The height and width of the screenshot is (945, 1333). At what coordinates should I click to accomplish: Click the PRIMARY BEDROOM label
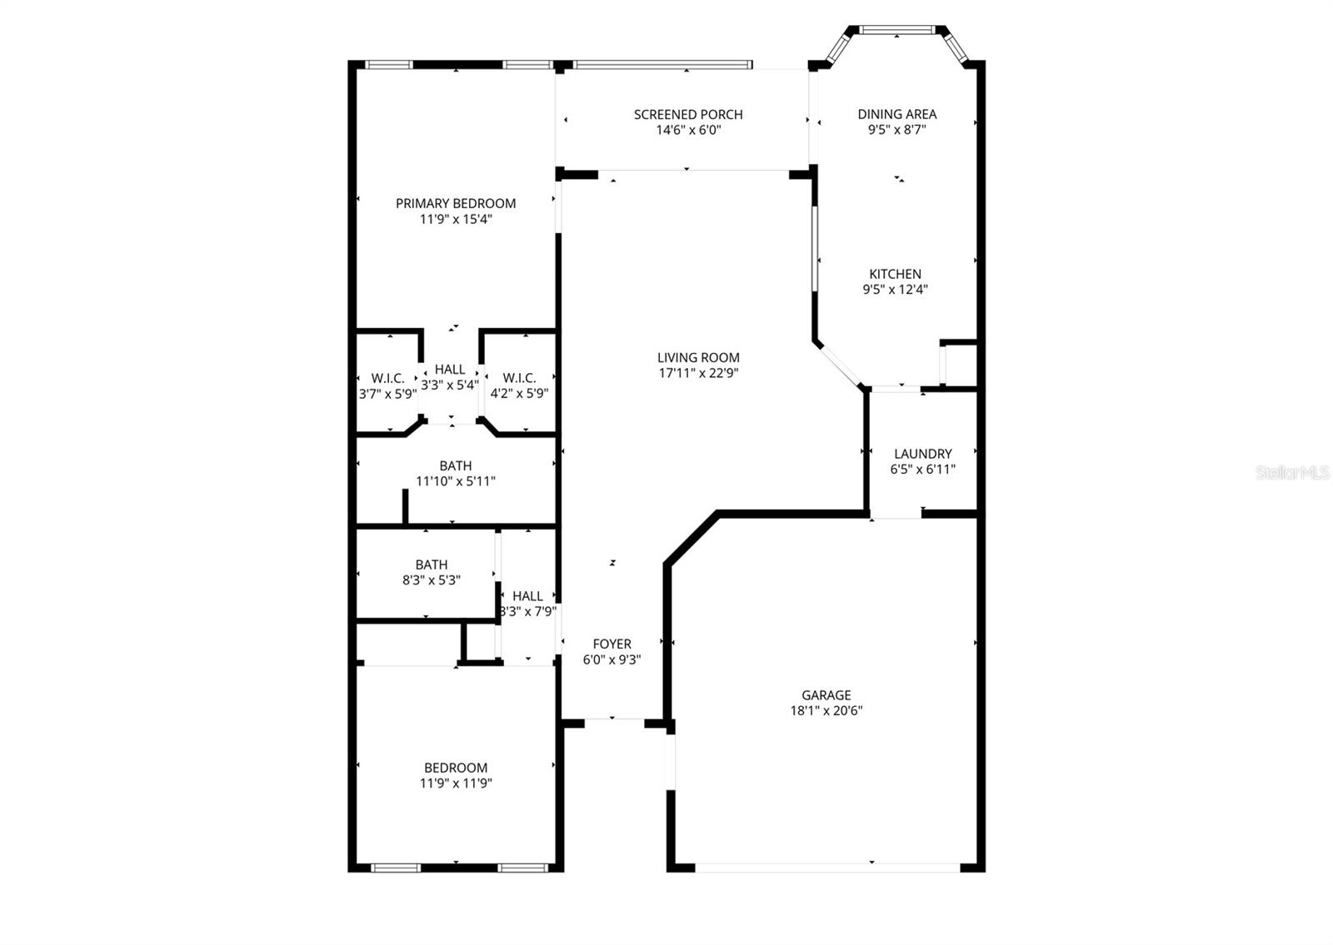tap(455, 203)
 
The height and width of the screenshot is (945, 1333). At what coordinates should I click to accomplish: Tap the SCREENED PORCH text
tap(688, 115)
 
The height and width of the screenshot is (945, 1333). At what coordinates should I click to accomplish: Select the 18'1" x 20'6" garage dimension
tap(826, 711)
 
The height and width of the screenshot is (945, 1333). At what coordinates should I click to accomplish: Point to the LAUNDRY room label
tap(922, 454)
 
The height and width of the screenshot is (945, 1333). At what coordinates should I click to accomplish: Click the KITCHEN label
tap(895, 274)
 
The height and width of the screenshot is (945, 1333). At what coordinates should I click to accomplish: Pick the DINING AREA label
tap(896, 114)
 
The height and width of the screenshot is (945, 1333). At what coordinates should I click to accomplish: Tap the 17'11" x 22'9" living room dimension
tap(698, 373)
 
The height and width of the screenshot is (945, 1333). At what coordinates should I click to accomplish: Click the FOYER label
tap(612, 644)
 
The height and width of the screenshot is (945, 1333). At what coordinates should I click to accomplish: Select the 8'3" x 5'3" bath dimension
tap(431, 580)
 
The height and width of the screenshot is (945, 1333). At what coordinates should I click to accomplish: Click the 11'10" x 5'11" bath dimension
tap(455, 481)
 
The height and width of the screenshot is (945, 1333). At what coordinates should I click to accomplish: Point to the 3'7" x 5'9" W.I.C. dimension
tap(387, 394)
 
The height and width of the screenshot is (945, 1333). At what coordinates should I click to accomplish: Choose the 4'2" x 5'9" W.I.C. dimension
tap(519, 394)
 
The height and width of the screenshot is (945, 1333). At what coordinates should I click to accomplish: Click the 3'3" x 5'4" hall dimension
tap(450, 385)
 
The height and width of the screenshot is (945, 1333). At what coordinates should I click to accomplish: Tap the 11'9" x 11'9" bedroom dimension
tap(455, 783)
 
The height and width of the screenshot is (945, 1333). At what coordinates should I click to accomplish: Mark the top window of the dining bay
tap(896, 31)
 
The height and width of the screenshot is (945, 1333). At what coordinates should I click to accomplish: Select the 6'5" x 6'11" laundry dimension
tap(922, 470)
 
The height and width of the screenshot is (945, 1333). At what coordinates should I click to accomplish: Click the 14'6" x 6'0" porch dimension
tap(688, 131)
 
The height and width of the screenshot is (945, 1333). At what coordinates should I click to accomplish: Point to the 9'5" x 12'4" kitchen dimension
tap(895, 290)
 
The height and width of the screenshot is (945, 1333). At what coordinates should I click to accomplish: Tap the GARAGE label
tap(826, 695)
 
